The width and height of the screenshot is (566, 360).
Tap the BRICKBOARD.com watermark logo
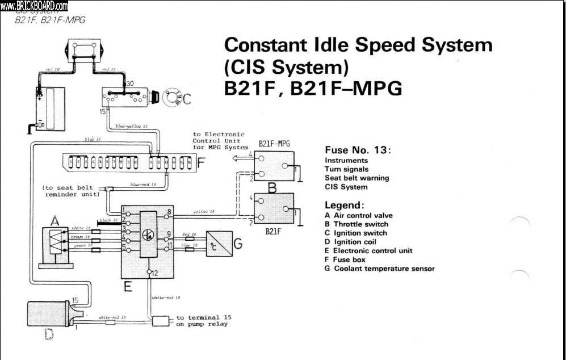[34, 6]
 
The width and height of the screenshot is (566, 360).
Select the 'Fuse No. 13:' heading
[358, 150]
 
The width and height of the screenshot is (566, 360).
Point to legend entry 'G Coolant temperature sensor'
[379, 269]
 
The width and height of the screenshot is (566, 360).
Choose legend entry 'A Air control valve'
[358, 216]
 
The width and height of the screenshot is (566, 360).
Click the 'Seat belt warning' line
[357, 178]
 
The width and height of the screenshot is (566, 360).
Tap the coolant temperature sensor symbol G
[219, 244]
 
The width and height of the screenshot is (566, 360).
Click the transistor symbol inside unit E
[149, 233]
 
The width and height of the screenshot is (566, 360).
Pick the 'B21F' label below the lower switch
[274, 232]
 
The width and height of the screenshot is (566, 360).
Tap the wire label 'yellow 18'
[204, 212]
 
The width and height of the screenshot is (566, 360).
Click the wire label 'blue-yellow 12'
[131, 125]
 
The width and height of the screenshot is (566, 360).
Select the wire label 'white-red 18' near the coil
[112, 318]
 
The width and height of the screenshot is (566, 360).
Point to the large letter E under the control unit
[129, 287]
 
